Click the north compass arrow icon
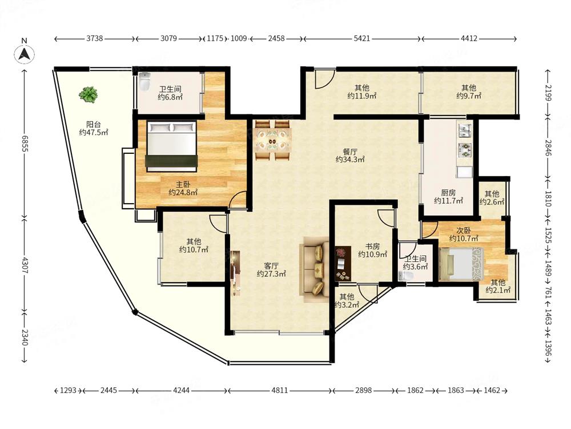point(25,54)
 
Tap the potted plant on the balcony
point(88,94)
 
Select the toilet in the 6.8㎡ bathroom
point(144,82)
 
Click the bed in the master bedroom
point(171,146)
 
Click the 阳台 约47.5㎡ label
point(94,128)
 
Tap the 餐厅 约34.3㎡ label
point(350,156)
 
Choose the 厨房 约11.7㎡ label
point(448,197)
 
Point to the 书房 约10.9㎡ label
point(372,251)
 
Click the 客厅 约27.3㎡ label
point(271,269)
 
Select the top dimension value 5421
point(361,38)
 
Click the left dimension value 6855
point(25,144)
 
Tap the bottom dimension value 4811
point(280,390)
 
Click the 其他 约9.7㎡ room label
point(469,92)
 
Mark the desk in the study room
point(343,264)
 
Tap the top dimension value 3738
point(94,38)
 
